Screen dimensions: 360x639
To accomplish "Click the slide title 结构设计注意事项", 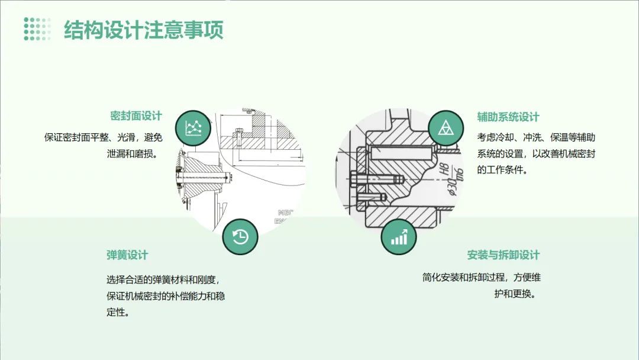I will [144, 30].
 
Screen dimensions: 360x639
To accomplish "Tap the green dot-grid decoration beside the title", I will [37, 29].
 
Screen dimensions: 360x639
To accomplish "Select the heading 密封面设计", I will [136, 116].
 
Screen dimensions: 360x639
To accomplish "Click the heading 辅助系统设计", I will [508, 117].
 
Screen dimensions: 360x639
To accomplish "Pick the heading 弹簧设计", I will [127, 255].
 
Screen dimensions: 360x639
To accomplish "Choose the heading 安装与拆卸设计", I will [504, 255].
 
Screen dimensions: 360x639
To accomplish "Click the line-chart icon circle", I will [193, 128].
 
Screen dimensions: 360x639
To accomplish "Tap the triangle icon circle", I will [446, 128].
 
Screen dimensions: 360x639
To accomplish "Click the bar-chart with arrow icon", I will [399, 237].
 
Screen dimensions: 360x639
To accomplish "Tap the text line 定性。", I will [118, 312].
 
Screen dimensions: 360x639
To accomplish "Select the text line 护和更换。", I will [515, 293].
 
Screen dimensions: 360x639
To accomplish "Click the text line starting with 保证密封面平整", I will [104, 137].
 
